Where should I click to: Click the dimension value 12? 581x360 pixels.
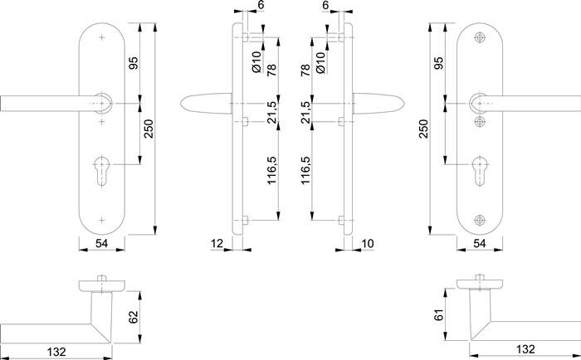pyautogui.click(x=217, y=243)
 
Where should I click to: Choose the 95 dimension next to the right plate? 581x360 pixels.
pyautogui.click(x=438, y=64)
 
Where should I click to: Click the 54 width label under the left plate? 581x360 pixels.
pyautogui.click(x=101, y=243)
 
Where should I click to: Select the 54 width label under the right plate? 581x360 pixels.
pyautogui.click(x=479, y=243)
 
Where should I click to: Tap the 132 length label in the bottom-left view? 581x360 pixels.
pyautogui.click(x=55, y=351)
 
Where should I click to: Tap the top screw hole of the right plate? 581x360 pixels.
pyautogui.click(x=479, y=38)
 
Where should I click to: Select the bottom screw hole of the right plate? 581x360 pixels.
pyautogui.click(x=479, y=220)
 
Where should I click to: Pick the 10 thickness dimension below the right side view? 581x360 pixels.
pyautogui.click(x=368, y=243)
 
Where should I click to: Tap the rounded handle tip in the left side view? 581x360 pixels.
pyautogui.click(x=185, y=103)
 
